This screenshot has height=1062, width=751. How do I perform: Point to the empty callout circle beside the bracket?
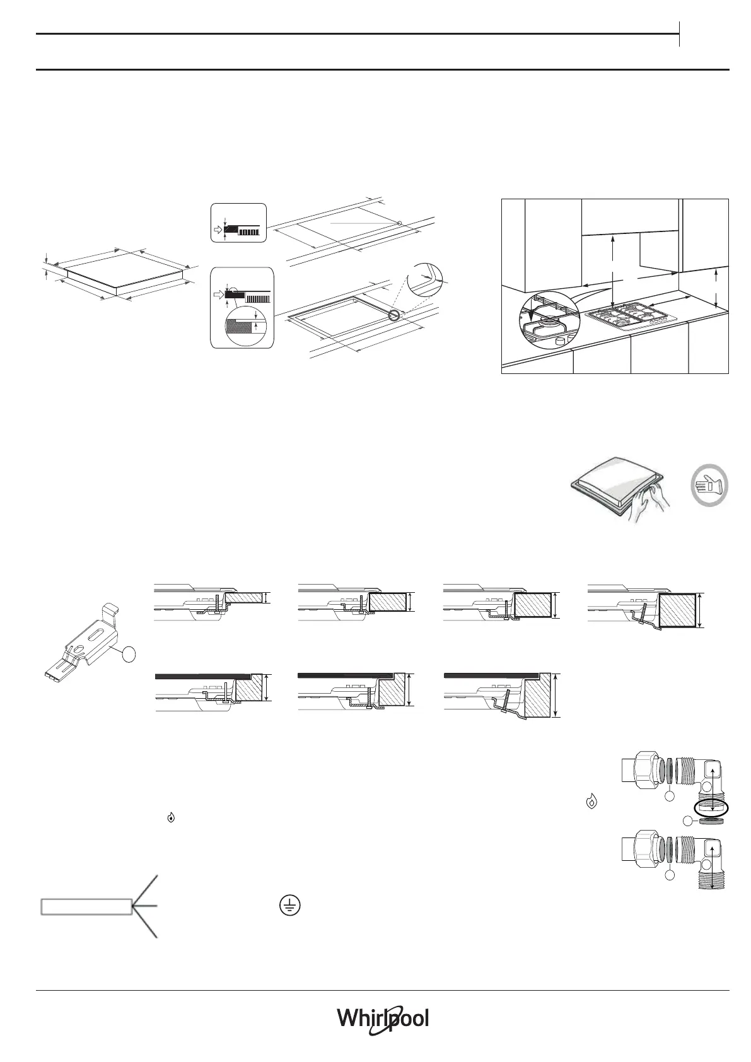129,655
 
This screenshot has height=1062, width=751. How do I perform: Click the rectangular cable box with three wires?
86,907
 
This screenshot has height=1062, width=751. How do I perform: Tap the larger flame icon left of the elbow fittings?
591,802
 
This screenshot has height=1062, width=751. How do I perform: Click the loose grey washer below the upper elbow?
711,821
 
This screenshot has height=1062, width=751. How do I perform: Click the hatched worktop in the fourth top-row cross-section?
678,610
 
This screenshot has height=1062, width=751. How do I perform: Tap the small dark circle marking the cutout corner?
394,315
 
